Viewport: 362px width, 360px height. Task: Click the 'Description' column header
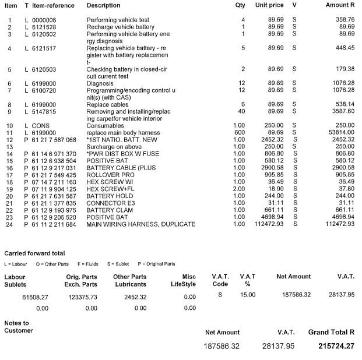103,5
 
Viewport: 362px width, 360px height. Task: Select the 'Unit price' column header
269,5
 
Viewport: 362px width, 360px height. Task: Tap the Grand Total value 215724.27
331,346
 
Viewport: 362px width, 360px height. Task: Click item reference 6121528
44,27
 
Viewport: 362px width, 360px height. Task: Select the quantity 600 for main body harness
240,133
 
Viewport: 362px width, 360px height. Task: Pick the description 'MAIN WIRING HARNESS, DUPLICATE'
140,224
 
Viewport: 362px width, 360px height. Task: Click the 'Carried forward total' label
34,253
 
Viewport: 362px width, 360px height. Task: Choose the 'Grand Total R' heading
331,332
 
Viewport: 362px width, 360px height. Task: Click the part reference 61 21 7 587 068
54,140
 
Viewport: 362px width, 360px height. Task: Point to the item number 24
9,224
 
